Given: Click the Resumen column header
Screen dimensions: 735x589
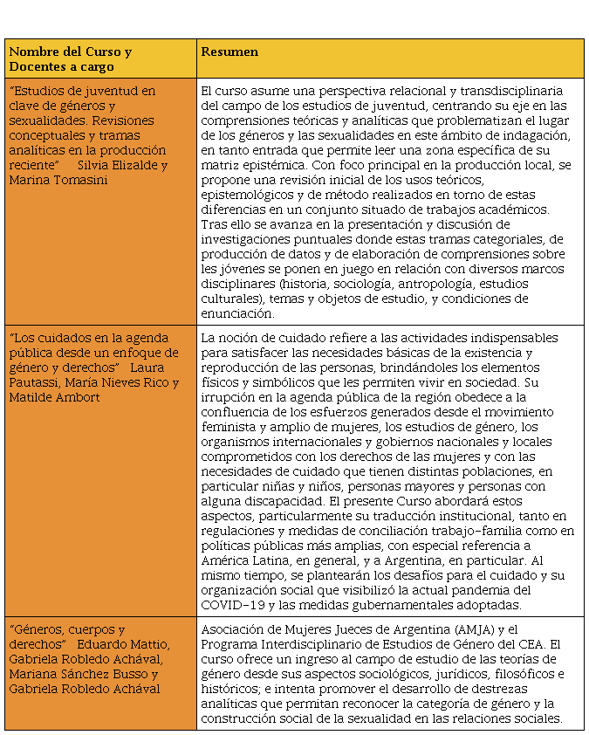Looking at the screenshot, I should pyautogui.click(x=229, y=52).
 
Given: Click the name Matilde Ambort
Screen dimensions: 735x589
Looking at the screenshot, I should pyautogui.click(x=54, y=397).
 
